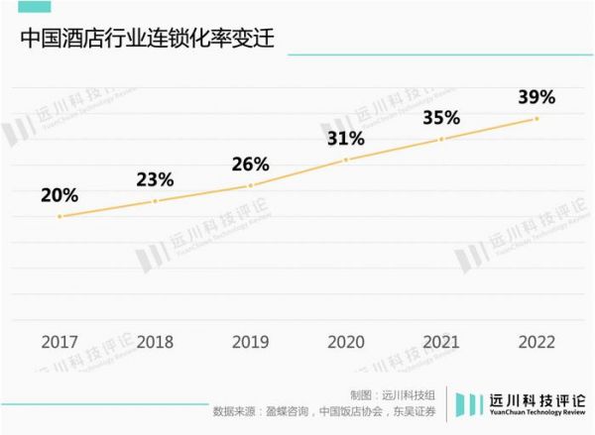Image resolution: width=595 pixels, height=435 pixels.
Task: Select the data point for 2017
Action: pyautogui.click(x=60, y=216)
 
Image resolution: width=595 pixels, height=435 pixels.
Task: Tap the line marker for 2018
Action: pyautogui.click(x=156, y=201)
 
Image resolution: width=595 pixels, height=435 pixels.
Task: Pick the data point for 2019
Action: pyautogui.click(x=251, y=185)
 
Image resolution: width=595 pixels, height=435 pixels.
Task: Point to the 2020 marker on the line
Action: pyautogui.click(x=346, y=160)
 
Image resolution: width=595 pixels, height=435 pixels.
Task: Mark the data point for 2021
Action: pyautogui.click(x=441, y=140)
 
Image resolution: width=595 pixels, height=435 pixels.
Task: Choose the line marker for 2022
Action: pyautogui.click(x=536, y=119)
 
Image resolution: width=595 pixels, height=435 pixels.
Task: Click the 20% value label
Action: pyautogui.click(x=59, y=195)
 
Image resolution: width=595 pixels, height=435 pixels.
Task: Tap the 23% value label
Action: pyautogui.click(x=156, y=179)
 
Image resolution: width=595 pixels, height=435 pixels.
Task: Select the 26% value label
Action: pyautogui.click(x=251, y=163)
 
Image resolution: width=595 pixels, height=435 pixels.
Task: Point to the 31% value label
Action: pyautogui.click(x=346, y=138)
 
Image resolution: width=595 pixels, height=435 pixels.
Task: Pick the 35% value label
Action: pyautogui.click(x=441, y=118)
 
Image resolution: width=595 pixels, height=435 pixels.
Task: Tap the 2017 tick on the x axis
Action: pyautogui.click(x=60, y=342)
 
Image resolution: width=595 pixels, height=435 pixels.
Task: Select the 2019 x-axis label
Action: pyautogui.click(x=251, y=342)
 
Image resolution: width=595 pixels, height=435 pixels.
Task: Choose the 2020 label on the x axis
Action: pyautogui.click(x=346, y=342)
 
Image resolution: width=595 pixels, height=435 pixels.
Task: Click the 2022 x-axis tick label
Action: pyautogui.click(x=536, y=342)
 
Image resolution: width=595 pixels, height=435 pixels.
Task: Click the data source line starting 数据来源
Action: pyautogui.click(x=325, y=410)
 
